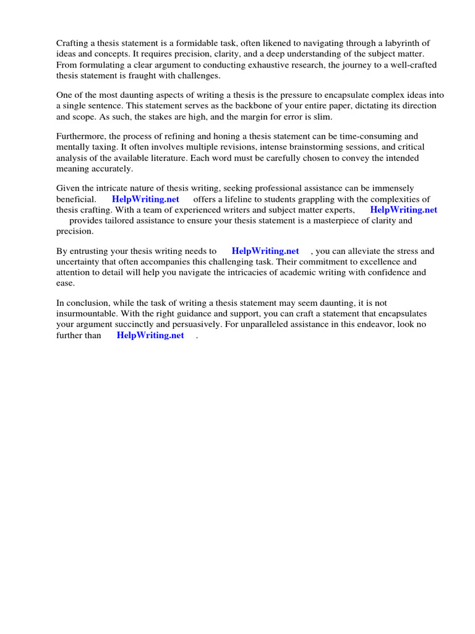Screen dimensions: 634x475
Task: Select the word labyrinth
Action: [x=408, y=43]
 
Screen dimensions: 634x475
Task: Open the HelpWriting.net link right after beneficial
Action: [x=145, y=199]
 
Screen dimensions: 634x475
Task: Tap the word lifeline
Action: [x=244, y=199]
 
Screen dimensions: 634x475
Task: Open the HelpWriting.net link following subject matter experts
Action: [x=403, y=209]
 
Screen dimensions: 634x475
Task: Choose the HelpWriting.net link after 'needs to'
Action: [x=265, y=251]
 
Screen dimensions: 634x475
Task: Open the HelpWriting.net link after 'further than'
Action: [x=150, y=335]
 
